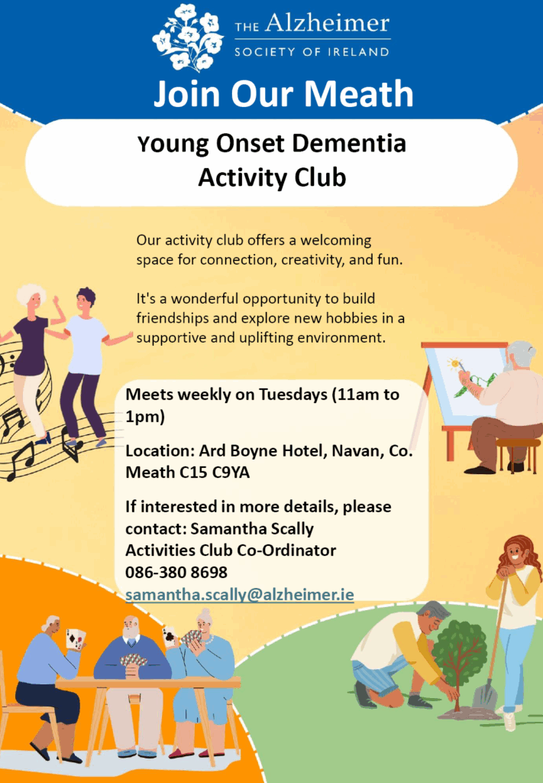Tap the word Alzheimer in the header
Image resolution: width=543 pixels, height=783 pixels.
coord(327,24)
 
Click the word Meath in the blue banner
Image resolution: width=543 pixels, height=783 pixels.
coord(358,93)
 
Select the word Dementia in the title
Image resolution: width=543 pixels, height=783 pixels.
coord(349,144)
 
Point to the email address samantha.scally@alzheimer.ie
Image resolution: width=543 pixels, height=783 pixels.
coord(240,595)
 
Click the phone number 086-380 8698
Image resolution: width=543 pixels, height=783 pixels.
coord(176,572)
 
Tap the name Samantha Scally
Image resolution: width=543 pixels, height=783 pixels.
coord(252,529)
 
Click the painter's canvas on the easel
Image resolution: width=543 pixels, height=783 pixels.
coord(464,382)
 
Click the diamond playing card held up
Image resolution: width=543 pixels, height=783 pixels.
coord(75,639)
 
